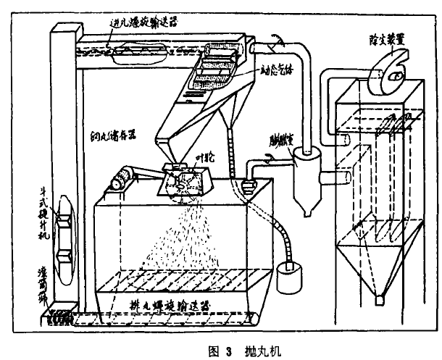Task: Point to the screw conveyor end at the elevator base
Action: pos(55,315)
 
